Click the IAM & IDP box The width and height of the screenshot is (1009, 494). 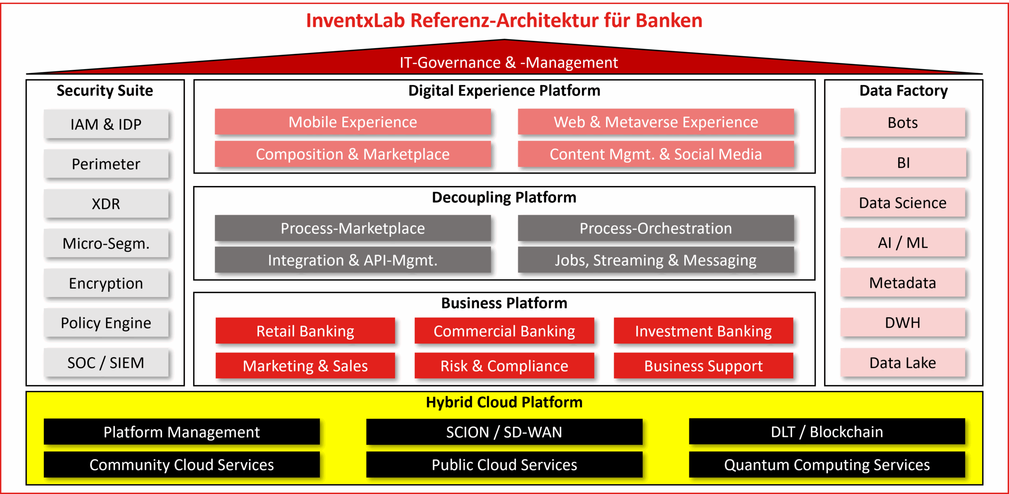(x=106, y=124)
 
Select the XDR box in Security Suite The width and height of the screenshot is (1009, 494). (x=106, y=203)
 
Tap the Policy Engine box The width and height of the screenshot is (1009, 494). (x=106, y=322)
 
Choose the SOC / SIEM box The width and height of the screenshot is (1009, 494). (x=106, y=362)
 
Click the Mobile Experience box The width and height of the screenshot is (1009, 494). (x=353, y=122)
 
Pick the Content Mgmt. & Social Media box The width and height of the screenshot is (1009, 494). (x=656, y=154)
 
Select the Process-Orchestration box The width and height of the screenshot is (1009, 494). (x=656, y=228)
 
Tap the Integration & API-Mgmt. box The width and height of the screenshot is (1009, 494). (x=353, y=260)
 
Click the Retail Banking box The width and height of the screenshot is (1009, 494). (x=305, y=331)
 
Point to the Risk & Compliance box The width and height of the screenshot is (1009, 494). (x=504, y=365)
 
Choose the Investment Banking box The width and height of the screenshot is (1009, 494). (x=704, y=331)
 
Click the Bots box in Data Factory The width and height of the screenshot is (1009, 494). (x=903, y=123)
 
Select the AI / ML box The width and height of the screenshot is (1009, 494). (x=903, y=242)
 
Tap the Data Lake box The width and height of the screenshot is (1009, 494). (x=903, y=362)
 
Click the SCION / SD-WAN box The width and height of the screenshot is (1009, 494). (x=504, y=432)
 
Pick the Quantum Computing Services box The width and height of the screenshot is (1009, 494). (x=827, y=464)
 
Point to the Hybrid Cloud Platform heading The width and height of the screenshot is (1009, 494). (x=504, y=402)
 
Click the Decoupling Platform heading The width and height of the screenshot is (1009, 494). (x=504, y=197)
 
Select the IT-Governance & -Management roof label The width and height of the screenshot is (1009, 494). (x=509, y=62)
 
